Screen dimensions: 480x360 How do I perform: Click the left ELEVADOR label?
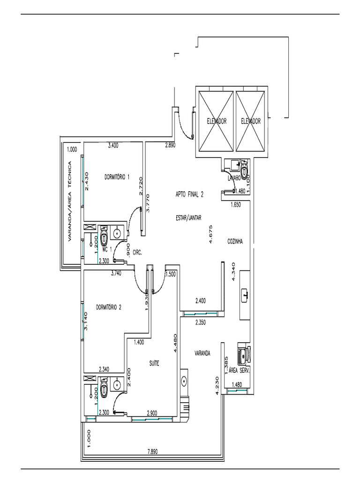click(217, 121)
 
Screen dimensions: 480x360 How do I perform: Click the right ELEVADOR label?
click(250, 121)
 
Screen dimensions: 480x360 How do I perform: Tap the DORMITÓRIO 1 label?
click(117, 177)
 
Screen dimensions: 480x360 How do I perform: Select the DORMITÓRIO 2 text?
click(109, 307)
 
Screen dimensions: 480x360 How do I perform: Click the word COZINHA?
click(235, 241)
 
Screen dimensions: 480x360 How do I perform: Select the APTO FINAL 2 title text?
click(189, 197)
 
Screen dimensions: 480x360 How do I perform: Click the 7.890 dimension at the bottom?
click(153, 452)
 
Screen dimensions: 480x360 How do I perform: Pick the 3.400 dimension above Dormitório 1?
click(113, 146)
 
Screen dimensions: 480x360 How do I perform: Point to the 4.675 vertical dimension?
click(212, 233)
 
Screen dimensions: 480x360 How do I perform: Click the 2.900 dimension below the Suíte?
click(152, 412)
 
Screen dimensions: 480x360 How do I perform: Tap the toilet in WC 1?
click(104, 232)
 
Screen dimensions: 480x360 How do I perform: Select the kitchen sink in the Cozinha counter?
click(246, 295)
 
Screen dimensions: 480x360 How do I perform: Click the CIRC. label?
click(137, 252)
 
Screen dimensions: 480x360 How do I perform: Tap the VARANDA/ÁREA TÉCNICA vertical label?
click(69, 202)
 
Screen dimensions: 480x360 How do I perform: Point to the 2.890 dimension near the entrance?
click(170, 146)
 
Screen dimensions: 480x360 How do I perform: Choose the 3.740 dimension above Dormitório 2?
click(116, 274)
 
